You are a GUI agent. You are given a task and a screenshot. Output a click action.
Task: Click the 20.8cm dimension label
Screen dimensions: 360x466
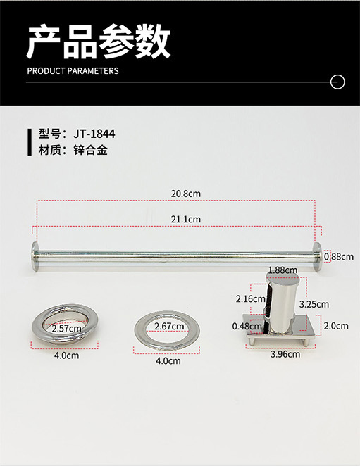point(186,194)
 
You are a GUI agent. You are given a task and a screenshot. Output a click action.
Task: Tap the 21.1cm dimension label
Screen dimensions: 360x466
point(186,220)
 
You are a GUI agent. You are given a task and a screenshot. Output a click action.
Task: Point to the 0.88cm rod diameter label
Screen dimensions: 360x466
point(339,256)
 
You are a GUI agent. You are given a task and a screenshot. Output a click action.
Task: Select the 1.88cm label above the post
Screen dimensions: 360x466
point(283,270)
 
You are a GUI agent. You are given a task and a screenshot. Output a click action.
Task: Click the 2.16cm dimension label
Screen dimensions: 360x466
point(251,298)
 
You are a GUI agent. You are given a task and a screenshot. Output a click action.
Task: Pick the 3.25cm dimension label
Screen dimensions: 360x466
point(314,304)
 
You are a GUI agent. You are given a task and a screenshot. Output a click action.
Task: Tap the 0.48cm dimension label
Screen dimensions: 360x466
point(247,326)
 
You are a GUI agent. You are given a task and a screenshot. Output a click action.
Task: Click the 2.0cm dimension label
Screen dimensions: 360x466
point(336,326)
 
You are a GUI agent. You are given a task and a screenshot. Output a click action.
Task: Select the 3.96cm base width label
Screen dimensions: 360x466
point(285,354)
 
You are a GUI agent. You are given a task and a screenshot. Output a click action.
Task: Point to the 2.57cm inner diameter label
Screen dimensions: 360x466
point(66,329)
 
